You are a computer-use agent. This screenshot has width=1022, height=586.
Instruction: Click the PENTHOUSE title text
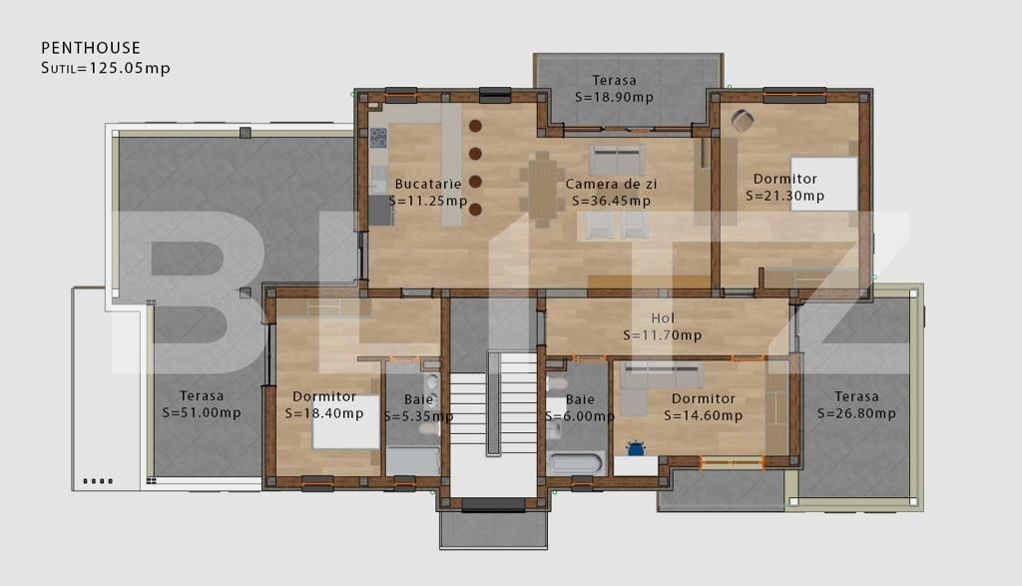point(91,48)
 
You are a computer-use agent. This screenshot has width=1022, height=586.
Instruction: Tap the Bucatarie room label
point(428,184)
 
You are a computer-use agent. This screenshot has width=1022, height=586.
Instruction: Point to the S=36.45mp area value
point(612,201)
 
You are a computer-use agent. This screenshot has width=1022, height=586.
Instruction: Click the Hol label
point(663,318)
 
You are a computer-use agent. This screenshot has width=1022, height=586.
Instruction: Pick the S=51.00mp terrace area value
point(202,412)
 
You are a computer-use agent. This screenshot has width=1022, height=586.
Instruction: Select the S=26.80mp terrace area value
point(856,413)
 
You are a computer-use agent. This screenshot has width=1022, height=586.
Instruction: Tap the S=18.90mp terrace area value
point(615,97)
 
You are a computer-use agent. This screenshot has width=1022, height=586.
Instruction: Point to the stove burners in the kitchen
point(379,138)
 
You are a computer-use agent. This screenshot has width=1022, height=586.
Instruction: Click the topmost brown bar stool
point(475,126)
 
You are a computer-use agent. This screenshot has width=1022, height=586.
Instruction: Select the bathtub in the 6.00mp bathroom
point(576,464)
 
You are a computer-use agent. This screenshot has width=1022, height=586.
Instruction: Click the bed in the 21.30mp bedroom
point(825,184)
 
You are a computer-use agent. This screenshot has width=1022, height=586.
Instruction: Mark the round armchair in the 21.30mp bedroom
point(743,121)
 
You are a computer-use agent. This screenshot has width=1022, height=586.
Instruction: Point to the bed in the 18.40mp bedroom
point(344,421)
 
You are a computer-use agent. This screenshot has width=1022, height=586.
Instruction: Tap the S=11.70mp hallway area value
point(663,335)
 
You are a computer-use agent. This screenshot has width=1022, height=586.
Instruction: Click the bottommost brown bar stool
point(475,210)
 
